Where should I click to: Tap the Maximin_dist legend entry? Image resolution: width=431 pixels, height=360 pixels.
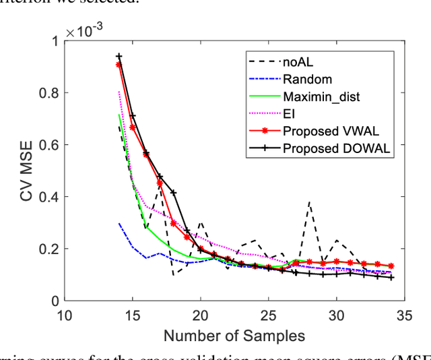click(x=321, y=96)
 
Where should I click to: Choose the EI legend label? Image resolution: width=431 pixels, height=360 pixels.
click(x=289, y=113)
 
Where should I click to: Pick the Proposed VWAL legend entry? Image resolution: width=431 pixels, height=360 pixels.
click(x=328, y=131)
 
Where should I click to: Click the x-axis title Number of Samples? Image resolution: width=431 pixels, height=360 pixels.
click(x=234, y=335)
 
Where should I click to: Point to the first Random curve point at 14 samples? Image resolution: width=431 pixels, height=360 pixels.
click(x=119, y=224)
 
